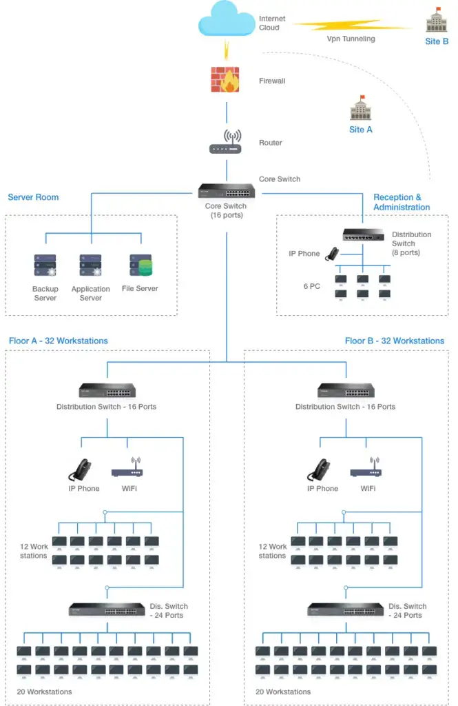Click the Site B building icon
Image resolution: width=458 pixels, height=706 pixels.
[x=437, y=21]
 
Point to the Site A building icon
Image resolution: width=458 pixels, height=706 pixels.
[x=360, y=109]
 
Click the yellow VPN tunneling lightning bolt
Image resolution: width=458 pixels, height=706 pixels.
[x=351, y=26]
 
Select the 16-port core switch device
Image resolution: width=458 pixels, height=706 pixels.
[x=226, y=191]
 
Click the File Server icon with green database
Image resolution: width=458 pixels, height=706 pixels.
[x=140, y=266]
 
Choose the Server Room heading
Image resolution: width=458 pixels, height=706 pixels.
[x=33, y=197]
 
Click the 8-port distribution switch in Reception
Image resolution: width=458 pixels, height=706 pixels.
[x=363, y=236]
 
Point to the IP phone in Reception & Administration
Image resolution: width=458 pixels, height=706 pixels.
[x=333, y=254]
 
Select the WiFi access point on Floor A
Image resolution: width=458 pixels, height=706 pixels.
[x=127, y=469]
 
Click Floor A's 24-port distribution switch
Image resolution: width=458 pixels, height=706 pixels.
[x=107, y=609]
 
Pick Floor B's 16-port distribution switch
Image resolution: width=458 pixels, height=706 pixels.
[x=345, y=391]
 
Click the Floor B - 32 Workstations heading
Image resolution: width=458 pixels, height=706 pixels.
[x=395, y=341]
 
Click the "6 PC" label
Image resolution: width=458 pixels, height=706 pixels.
[x=312, y=285]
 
